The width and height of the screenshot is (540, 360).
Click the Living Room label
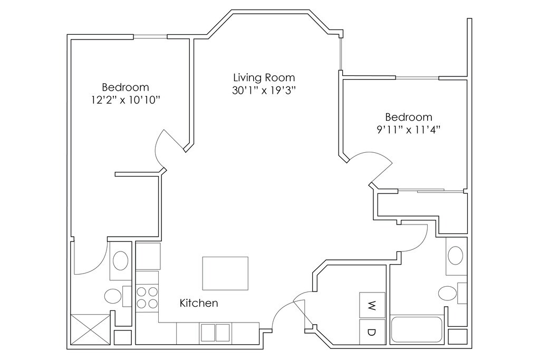point(264,78)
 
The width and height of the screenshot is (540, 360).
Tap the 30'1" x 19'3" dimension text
point(264,91)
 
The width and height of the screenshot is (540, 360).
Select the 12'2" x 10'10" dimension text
point(126,100)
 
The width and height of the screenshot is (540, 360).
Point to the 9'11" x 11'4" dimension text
point(409,130)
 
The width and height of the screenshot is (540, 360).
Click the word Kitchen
point(199,303)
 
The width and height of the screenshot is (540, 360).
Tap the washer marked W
point(372,305)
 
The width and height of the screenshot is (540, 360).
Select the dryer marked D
point(372,332)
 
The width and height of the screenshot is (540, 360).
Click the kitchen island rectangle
point(225,273)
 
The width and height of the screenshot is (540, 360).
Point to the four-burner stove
point(148,298)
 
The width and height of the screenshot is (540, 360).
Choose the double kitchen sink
point(215,333)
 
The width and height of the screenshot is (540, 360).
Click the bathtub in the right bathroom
point(417,329)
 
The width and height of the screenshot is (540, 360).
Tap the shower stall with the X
point(90,329)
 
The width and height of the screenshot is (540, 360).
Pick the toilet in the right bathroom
point(451,293)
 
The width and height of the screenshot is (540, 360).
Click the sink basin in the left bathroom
point(120,260)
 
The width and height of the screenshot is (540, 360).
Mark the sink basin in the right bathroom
point(456,255)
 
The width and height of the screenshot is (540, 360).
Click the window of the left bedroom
point(150,36)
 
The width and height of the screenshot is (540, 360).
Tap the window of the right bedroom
point(417,77)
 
